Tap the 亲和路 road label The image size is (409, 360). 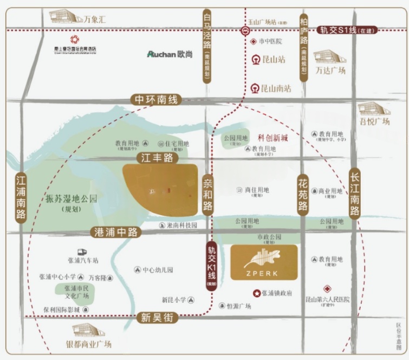click(208, 194)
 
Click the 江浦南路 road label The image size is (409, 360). click(21, 197)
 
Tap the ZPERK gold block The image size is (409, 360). click(264, 262)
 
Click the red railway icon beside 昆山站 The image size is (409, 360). click(256, 60)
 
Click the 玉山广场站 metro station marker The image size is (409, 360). click(245, 31)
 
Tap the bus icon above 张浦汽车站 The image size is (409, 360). click(82, 252)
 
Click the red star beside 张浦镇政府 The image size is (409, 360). click(256, 293)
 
